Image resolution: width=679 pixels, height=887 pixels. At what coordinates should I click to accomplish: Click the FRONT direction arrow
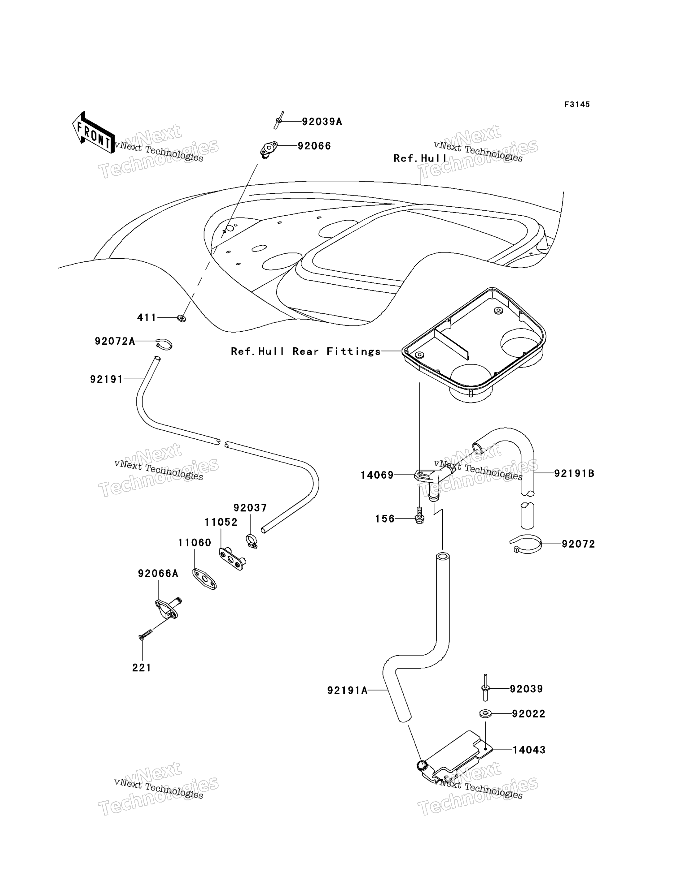93,132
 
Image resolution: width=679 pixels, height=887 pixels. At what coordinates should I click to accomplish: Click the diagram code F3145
577,105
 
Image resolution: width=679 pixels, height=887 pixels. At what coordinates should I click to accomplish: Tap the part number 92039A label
322,122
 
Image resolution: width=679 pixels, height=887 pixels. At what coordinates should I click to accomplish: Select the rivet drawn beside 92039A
279,120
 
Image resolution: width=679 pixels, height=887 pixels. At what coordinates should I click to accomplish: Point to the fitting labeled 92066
268,150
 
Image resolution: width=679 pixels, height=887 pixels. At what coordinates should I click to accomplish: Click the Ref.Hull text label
420,158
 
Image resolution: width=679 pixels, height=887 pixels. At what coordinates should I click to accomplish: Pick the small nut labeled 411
182,319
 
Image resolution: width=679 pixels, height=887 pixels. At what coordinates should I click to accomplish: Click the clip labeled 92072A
164,344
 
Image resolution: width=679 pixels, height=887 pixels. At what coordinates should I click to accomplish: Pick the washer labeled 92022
485,714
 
